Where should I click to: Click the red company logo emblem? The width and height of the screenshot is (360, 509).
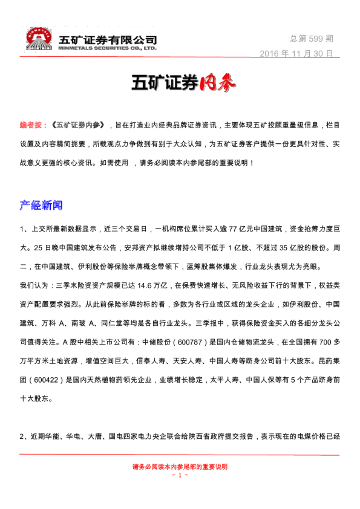coord(39,38)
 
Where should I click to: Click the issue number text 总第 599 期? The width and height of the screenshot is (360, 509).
coord(311,38)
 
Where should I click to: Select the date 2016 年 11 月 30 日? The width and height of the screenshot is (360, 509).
coord(296,53)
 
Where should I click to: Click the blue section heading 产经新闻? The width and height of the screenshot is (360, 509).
coord(41,206)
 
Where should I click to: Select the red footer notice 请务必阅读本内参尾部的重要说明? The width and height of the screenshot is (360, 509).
coord(180,467)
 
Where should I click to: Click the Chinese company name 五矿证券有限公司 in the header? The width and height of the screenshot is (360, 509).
coord(103,39)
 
